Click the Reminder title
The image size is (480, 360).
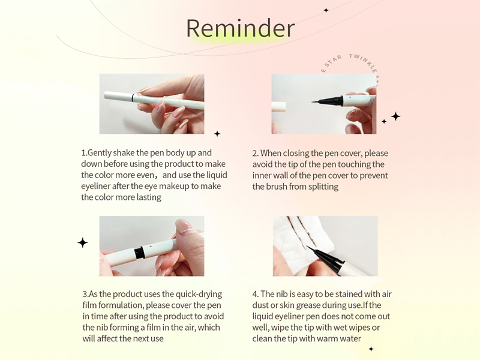240,28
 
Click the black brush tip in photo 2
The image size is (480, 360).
321,103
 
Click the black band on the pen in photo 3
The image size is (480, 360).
139,253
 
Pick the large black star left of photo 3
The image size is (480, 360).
83,242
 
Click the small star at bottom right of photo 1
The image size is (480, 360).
217,133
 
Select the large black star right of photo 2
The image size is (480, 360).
395,116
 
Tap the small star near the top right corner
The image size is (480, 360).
326,10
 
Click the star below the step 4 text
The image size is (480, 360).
371,349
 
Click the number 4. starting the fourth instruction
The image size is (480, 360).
256,294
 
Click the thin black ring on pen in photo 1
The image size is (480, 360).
132,97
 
